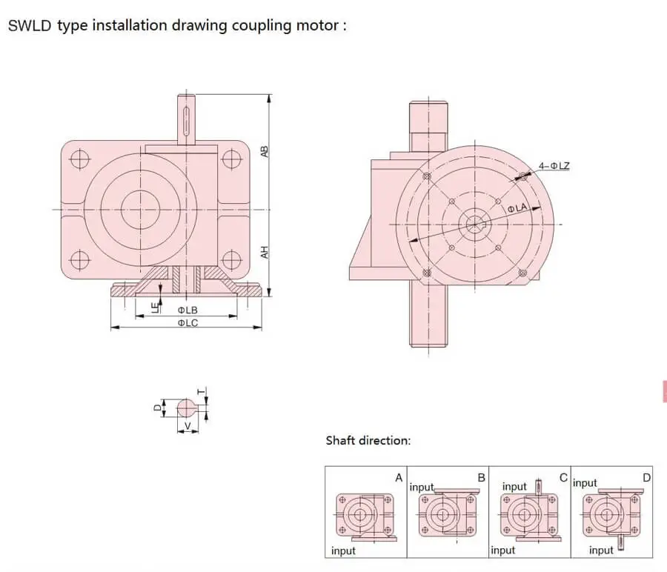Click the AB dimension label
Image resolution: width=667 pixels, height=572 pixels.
pyautogui.click(x=265, y=151)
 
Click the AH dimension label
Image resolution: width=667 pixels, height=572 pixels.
pyautogui.click(x=265, y=252)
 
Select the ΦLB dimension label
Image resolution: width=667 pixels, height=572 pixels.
pyautogui.click(x=187, y=309)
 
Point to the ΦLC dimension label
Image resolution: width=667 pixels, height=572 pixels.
pyautogui.click(x=187, y=322)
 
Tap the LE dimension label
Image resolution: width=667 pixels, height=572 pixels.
pyautogui.click(x=155, y=306)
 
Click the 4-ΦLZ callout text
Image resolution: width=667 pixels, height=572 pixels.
pyautogui.click(x=554, y=166)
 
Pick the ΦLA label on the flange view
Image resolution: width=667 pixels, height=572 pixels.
pyautogui.click(x=517, y=210)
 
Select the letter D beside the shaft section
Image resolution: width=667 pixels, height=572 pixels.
pyautogui.click(x=157, y=407)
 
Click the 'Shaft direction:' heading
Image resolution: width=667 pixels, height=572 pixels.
pyautogui.click(x=368, y=441)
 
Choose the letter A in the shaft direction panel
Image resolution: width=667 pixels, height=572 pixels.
pyautogui.click(x=399, y=478)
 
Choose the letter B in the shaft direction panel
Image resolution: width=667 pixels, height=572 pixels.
pyautogui.click(x=481, y=478)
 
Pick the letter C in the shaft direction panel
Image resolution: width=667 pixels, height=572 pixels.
pyautogui.click(x=563, y=478)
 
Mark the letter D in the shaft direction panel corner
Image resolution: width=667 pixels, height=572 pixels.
pyautogui.click(x=646, y=478)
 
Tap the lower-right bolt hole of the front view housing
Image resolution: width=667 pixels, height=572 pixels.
pyautogui.click(x=231, y=259)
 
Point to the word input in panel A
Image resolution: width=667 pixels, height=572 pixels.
pyautogui.click(x=343, y=551)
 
